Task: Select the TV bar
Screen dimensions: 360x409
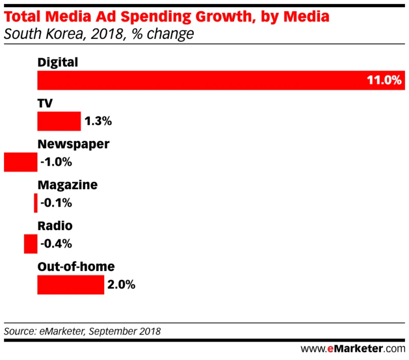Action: pos(59,121)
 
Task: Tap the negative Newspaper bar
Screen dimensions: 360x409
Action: pos(20,162)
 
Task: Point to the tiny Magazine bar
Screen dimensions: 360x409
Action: pos(36,203)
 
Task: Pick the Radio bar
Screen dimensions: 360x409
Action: pos(31,244)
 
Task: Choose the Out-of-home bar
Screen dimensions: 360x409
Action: pos(71,285)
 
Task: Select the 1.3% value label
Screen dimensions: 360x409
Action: pos(98,122)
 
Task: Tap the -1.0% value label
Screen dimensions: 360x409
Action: pos(56,163)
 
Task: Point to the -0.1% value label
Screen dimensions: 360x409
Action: pos(56,204)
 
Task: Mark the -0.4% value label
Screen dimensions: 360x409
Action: pos(56,244)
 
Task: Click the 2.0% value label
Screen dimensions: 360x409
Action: pos(122,285)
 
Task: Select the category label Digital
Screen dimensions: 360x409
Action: pos(58,63)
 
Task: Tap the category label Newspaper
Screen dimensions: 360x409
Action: pos(73,145)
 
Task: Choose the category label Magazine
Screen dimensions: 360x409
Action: pos(67,185)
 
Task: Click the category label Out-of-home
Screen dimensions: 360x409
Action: pos(76,267)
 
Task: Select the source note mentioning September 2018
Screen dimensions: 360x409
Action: pos(82,331)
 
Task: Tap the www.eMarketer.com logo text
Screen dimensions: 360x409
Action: pos(352,349)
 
